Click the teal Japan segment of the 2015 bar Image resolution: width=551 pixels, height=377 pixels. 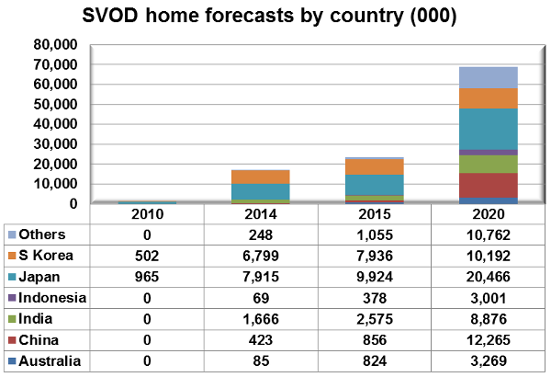(x=374, y=184)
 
